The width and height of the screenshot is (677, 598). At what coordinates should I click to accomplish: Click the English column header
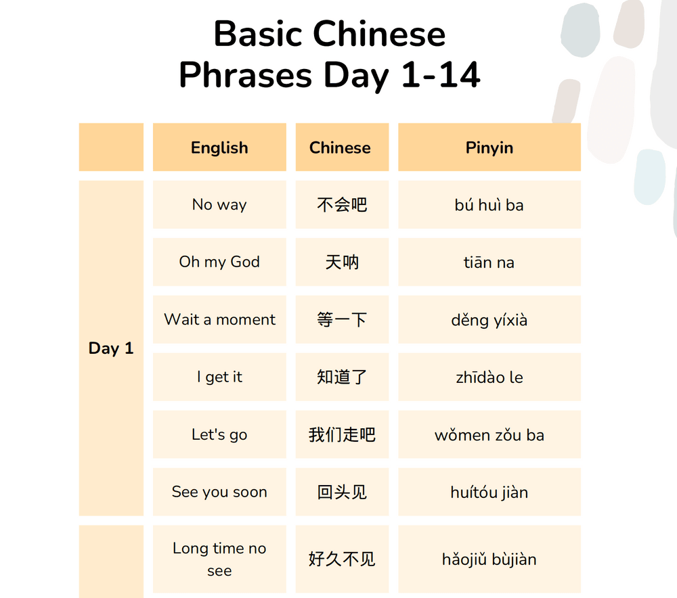[219, 147]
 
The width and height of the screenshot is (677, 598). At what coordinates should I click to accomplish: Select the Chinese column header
[340, 147]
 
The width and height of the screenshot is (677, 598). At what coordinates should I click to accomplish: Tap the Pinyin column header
[489, 147]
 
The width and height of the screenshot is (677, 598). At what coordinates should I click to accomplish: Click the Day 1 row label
[111, 348]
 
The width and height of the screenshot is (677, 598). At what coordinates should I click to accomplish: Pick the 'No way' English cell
[219, 204]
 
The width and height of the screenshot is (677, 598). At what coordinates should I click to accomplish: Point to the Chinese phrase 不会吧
[342, 204]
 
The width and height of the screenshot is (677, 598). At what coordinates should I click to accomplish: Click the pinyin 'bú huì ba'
[489, 204]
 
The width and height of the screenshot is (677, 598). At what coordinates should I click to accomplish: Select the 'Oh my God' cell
[219, 262]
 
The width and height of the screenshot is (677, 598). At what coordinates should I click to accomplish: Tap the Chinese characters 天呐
[342, 262]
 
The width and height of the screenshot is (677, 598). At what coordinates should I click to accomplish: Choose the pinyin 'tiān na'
[489, 262]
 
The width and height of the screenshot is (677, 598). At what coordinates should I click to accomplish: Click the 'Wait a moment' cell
[219, 319]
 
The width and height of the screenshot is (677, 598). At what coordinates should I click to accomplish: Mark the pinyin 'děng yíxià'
[489, 320]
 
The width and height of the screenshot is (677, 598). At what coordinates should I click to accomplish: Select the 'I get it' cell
[219, 377]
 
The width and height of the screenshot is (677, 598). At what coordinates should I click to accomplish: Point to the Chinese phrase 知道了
[342, 377]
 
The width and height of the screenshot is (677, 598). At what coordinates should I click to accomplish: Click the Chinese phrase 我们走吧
[342, 434]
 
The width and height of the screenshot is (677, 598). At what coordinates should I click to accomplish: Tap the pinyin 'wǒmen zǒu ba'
[489, 435]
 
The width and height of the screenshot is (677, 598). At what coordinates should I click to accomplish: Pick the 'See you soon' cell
[219, 492]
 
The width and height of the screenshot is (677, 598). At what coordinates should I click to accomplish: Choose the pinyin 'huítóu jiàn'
[489, 492]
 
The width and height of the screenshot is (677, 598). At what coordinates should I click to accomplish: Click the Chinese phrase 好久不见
[342, 559]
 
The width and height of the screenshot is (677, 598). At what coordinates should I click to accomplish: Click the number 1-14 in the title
[441, 74]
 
